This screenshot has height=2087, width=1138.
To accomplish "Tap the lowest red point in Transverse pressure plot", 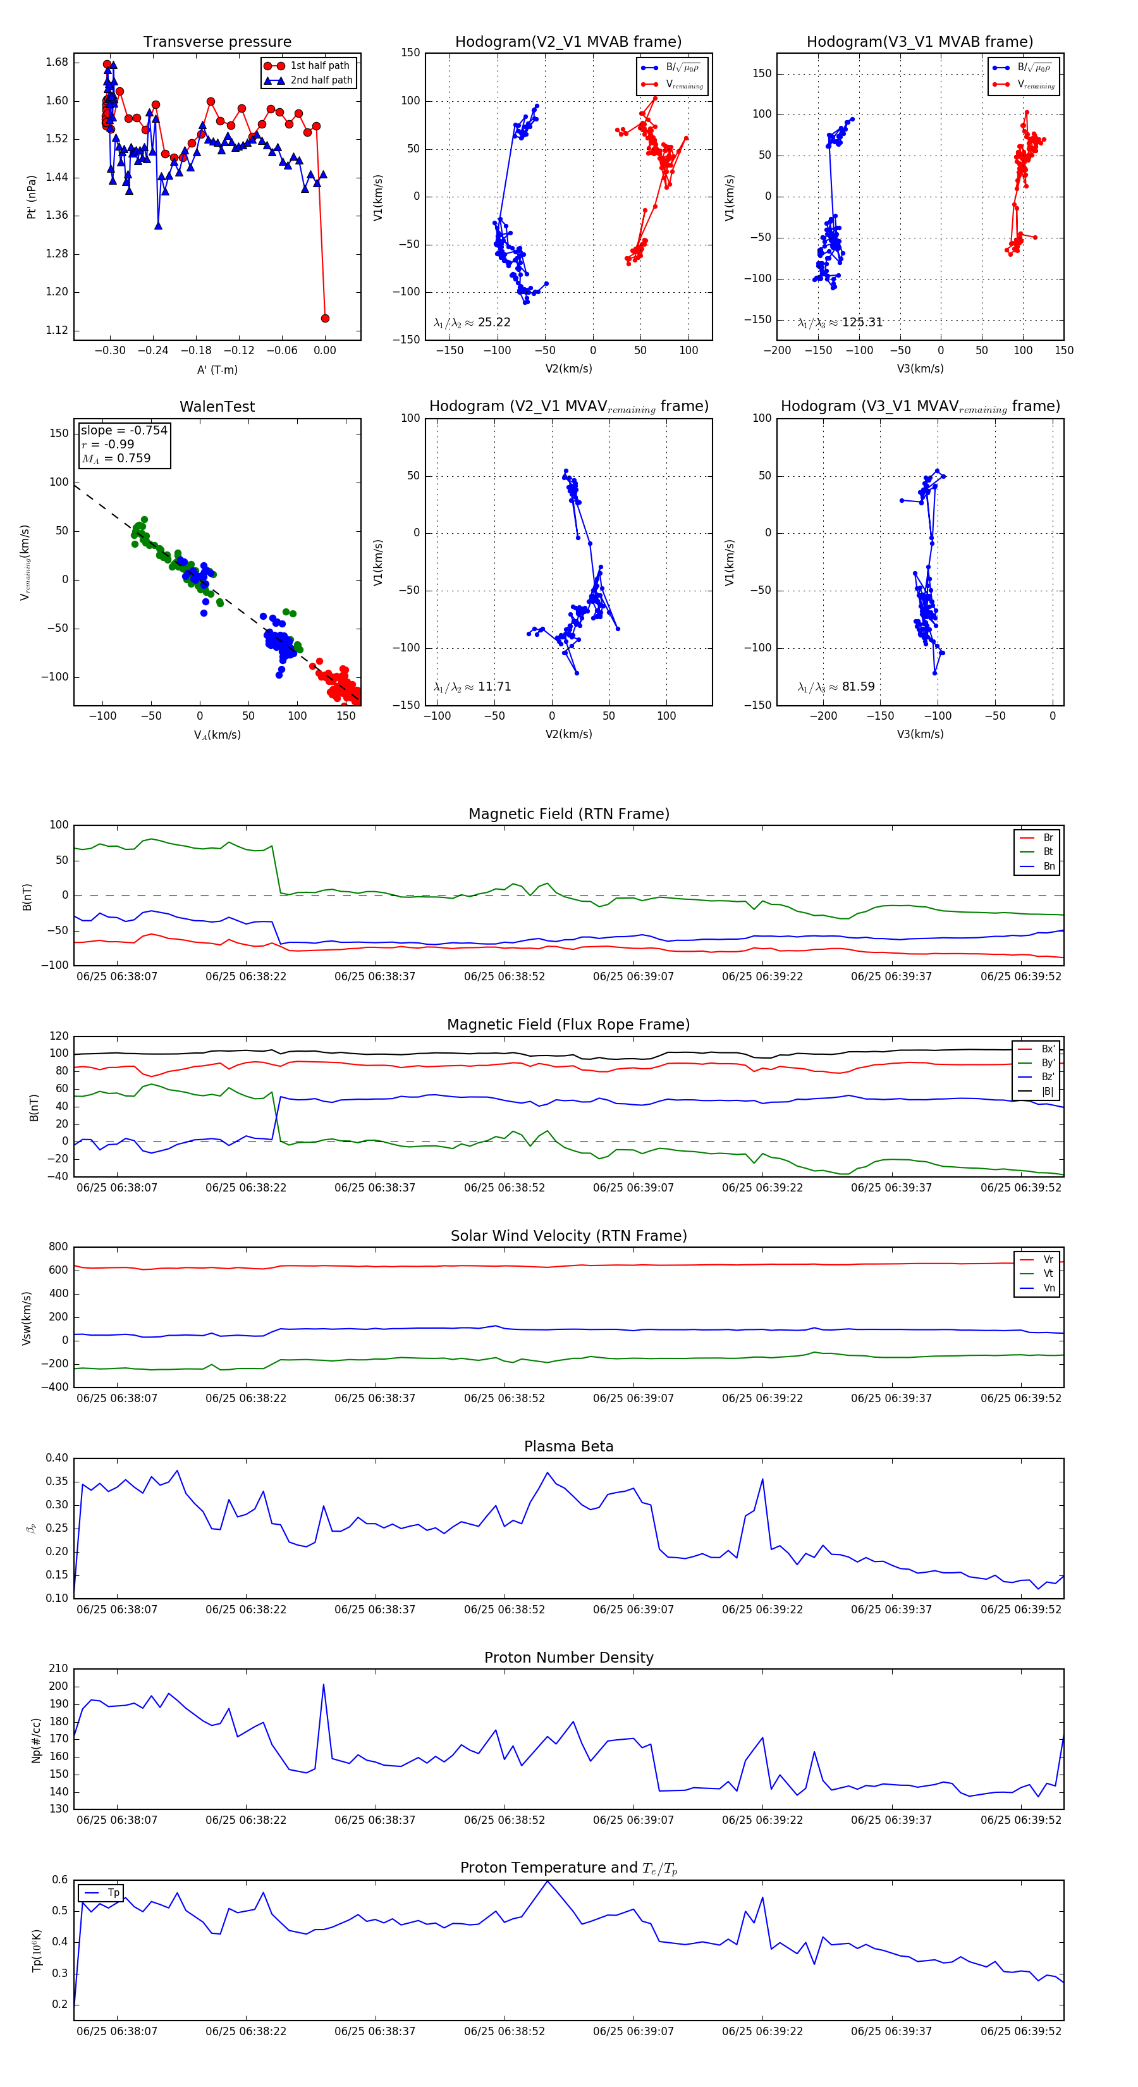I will [x=325, y=318].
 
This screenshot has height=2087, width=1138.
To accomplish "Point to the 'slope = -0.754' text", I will [x=124, y=430].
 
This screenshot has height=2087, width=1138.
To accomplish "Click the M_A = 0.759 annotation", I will [x=116, y=459].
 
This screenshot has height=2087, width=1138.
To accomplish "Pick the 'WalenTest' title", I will [x=217, y=407].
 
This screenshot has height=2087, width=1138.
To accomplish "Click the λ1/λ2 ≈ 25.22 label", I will [x=472, y=323].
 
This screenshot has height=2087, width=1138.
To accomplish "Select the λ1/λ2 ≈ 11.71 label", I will [x=472, y=687].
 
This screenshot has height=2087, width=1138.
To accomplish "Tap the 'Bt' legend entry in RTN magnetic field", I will [x=1048, y=851].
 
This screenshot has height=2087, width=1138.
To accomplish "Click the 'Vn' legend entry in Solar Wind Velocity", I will [x=1048, y=1288].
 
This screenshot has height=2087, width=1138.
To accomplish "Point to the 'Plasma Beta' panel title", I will [x=568, y=1447].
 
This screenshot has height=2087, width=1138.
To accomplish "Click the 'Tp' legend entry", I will [x=113, y=1893].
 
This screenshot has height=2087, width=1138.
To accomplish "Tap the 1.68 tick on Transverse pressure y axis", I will [x=57, y=63].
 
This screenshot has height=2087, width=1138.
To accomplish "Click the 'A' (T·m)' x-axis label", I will [x=217, y=370].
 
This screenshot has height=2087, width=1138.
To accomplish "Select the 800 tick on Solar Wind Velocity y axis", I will [x=58, y=1247].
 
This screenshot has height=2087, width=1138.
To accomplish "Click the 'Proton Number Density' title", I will [x=568, y=1658].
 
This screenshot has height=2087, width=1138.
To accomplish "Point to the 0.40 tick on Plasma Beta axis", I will [x=57, y=1458].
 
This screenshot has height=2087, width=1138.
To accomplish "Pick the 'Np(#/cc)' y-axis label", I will [x=35, y=1739].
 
